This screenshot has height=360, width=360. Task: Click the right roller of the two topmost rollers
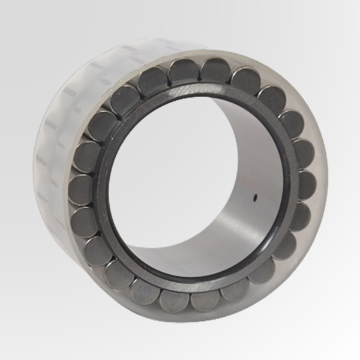click(214, 70)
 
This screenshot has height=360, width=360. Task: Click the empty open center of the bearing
click(180, 180)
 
